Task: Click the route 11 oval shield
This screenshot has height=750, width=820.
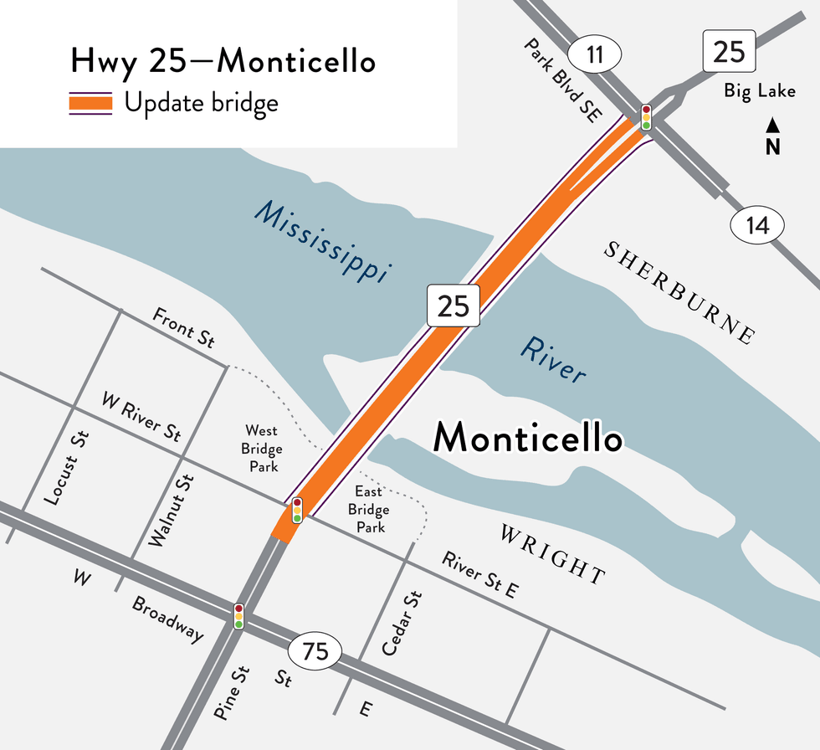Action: (x=595, y=55)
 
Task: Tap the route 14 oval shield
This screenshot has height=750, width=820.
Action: (x=759, y=224)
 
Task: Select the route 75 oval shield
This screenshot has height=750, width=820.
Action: (x=315, y=650)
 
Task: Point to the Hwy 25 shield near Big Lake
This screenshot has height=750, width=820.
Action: (x=729, y=52)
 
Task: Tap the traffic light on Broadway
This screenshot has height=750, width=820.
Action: (x=238, y=615)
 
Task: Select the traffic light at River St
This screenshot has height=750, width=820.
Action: (x=297, y=510)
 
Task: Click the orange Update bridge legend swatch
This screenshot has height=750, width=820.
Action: (x=90, y=104)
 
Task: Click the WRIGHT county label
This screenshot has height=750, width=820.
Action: (x=552, y=554)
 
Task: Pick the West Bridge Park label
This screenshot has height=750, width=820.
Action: (x=261, y=449)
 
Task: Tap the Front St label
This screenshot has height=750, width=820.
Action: (x=183, y=327)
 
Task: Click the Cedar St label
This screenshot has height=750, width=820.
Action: (x=402, y=624)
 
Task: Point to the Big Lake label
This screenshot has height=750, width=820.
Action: (x=760, y=90)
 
